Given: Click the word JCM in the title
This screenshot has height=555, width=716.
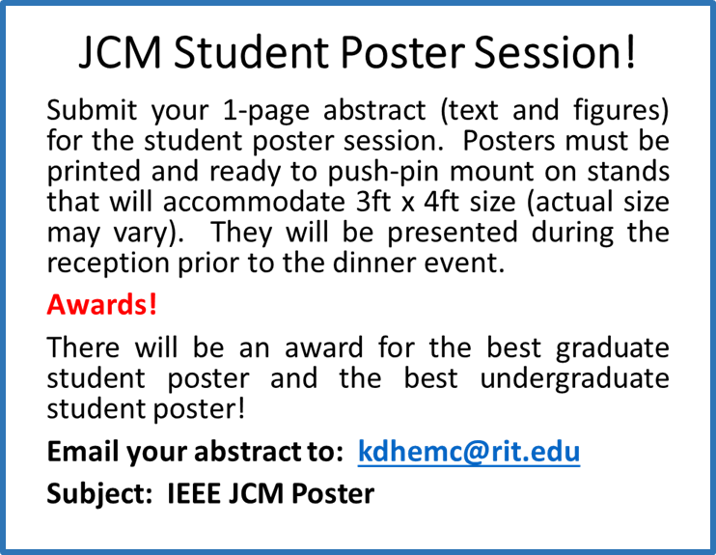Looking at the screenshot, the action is pyautogui.click(x=120, y=51).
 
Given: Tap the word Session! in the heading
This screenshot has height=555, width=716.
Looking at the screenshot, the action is pyautogui.click(x=555, y=51).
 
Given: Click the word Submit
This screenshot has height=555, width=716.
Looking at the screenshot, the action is pyautogui.click(x=92, y=110).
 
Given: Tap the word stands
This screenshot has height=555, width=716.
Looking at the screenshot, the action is pyautogui.click(x=628, y=171).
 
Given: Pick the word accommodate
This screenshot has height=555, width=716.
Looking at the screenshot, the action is pyautogui.click(x=254, y=202).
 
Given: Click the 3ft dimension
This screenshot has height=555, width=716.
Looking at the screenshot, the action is pyautogui.click(x=373, y=202).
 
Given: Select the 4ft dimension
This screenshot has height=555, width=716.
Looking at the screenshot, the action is pyautogui.click(x=441, y=202).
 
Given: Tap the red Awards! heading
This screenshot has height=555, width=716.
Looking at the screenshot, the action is pyautogui.click(x=102, y=304).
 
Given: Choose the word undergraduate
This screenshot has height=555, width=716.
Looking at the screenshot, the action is pyautogui.click(x=574, y=380).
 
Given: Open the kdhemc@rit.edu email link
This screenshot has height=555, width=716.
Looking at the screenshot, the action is pyautogui.click(x=469, y=452).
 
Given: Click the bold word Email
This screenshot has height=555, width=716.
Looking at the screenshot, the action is pyautogui.click(x=83, y=452).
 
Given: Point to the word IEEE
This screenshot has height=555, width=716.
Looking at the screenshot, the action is pyautogui.click(x=194, y=494).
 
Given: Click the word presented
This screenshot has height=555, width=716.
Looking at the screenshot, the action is pyautogui.click(x=453, y=234).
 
